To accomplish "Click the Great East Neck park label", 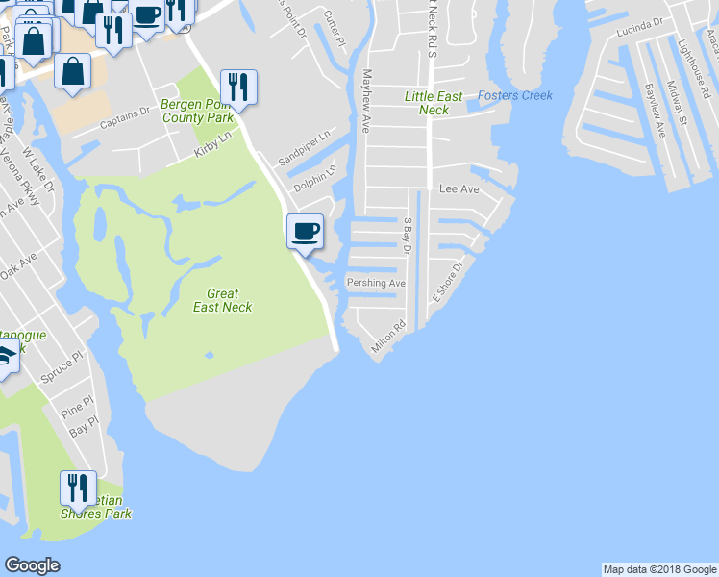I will [x=222, y=300].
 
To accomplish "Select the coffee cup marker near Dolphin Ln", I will [x=305, y=232].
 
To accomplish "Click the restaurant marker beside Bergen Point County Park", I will [x=238, y=88].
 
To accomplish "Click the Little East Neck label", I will [x=434, y=103].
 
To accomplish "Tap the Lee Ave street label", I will [x=459, y=190].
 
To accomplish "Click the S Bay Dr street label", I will [x=407, y=237].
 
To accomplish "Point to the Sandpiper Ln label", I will [x=304, y=146].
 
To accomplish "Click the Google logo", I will [x=32, y=565].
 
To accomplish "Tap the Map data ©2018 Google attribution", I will [x=658, y=569].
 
